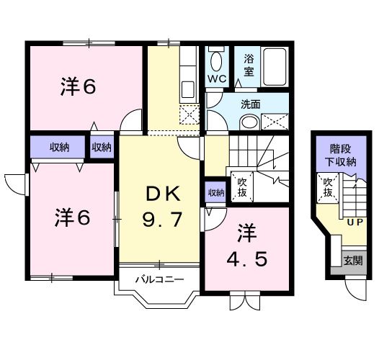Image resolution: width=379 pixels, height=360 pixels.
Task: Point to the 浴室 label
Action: (249, 65)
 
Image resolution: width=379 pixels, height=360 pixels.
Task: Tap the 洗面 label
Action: (251, 104)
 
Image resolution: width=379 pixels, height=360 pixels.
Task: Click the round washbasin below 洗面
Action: (249, 122)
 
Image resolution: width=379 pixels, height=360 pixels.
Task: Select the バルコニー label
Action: (159, 279)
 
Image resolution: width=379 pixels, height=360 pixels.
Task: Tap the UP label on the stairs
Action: (355, 222)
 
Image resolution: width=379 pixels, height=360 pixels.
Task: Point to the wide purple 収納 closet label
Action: (59, 148)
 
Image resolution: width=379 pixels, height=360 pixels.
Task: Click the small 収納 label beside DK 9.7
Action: (215, 192)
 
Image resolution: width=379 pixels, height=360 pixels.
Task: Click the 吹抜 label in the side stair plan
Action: (328, 189)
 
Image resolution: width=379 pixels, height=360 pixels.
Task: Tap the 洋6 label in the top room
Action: (78, 87)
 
